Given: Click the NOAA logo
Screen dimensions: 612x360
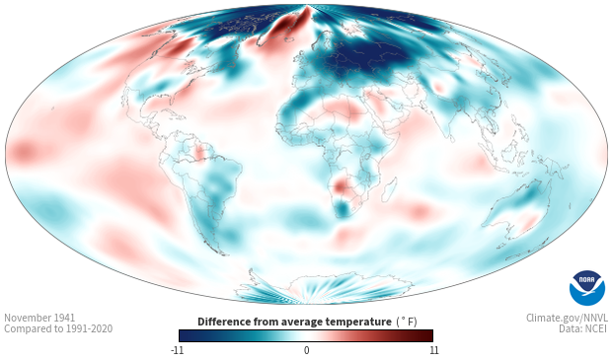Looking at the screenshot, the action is point(587,288).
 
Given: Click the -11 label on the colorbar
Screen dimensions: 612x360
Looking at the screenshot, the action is point(177,350).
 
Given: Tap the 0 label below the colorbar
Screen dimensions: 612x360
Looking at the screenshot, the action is point(306,350).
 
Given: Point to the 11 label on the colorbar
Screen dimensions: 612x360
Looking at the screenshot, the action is point(434,350).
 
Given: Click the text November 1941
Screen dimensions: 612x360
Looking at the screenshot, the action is point(39,318).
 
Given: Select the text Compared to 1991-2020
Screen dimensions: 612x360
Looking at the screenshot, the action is point(58,328).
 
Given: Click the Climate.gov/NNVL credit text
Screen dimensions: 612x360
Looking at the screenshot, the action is point(567,318).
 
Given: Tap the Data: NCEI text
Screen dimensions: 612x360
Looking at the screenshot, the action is point(583,328).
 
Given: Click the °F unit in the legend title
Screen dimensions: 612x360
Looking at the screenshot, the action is point(407,323).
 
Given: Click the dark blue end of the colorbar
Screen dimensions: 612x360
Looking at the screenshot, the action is point(185,335).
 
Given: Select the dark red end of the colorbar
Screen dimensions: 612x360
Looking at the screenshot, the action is point(427,335).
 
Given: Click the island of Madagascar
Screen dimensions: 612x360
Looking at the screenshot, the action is point(389,189).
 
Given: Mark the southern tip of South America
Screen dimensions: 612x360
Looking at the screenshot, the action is point(223,254).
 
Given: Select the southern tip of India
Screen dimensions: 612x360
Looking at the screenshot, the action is point(451,141).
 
